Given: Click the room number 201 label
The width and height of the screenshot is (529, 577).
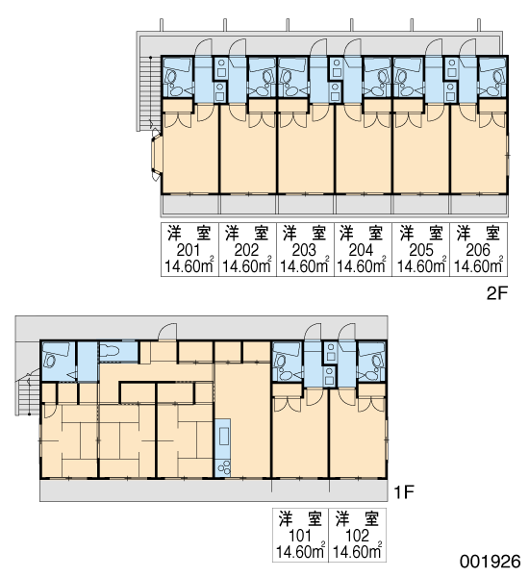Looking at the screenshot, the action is point(189,250).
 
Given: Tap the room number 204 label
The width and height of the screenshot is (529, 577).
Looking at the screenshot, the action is point(361,250).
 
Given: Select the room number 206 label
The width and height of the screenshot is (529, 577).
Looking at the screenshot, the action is point(478,250).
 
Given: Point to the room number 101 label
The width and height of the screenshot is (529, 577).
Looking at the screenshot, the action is point(300,536).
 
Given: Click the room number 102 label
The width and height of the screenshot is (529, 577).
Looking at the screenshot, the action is point(358,536).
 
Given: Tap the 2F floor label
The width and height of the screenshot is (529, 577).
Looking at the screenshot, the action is point(497,293).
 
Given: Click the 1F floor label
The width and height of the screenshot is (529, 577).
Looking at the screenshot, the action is point(404,492).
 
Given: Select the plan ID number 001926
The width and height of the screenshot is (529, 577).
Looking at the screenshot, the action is point(490,562).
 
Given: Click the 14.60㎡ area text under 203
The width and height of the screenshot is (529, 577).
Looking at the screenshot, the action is point(305,265).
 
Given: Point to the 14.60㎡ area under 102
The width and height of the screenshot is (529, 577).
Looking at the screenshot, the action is point(358,551).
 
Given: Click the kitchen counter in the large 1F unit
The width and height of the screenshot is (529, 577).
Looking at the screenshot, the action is point(223,448).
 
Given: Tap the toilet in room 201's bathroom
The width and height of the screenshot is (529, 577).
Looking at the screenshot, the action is point(171,77).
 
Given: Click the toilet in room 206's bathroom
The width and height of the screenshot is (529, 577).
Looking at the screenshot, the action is point(497,78).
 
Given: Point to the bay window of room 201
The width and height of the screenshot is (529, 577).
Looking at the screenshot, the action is point(156,155).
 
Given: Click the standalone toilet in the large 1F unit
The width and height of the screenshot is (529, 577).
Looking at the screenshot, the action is point(110,351).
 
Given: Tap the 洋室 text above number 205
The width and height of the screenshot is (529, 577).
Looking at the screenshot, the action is point(421,233).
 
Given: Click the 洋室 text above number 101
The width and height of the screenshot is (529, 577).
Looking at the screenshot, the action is point(300,518).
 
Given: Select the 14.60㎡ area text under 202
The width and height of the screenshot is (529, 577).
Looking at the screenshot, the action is point(246,265).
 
